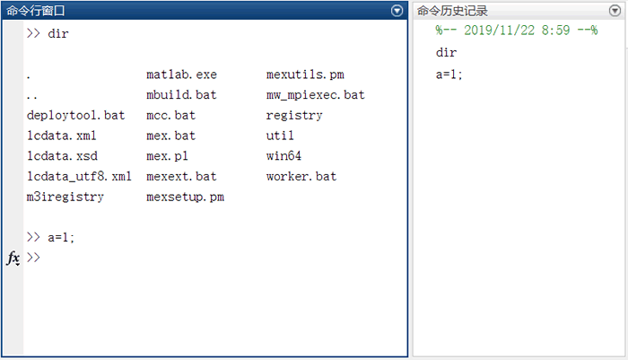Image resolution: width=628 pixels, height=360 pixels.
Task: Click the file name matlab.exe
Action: pos(181,75)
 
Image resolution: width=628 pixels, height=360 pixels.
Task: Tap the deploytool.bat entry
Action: pos(76,116)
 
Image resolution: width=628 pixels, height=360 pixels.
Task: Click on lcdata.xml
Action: pos(62,136)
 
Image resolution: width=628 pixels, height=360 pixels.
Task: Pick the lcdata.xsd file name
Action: pos(62,156)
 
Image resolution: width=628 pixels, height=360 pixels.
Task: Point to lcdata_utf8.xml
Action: pos(80,177)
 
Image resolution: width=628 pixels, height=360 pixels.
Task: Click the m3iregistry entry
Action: pos(65,197)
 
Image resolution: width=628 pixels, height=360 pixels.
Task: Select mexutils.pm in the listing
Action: pos(305,75)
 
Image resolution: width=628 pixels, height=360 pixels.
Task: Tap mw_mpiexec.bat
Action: pos(315,95)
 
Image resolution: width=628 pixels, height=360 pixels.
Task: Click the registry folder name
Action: pos(294,116)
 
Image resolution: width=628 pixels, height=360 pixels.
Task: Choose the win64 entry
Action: pos(283,156)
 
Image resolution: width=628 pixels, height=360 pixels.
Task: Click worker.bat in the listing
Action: pos(301,177)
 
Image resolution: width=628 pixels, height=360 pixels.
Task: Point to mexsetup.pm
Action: pos(185,197)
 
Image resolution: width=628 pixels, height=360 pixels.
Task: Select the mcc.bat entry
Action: pos(170,116)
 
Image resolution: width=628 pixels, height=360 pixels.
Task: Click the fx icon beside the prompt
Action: pos(13,258)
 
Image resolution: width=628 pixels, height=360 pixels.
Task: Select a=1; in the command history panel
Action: pos(449,75)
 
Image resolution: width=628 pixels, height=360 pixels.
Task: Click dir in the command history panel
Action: pos(446,52)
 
